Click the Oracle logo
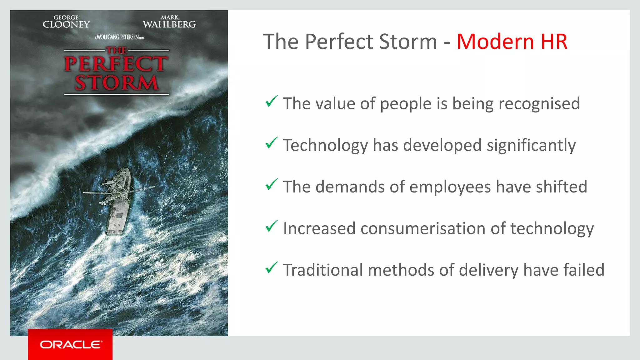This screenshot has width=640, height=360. coord(70,344)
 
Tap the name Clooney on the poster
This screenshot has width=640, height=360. coord(66,25)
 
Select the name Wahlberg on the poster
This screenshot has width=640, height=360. coord(169,24)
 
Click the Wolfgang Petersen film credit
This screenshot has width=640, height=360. coord(119,37)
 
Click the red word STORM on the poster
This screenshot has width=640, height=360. coord(117,83)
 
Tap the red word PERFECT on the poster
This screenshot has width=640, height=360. coord(116,64)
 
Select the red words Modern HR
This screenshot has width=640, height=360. coord(512,42)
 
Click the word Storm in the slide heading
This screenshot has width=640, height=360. coord(408,42)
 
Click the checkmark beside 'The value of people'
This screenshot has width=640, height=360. coord(271,101)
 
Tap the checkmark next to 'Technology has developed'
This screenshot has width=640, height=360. coord(271,143)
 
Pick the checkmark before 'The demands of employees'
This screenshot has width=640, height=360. coord(271,184)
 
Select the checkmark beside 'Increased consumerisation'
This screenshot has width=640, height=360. coord(271,226)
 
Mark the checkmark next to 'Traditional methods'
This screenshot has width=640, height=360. coord(271,267)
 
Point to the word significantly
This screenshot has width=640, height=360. coord(531,146)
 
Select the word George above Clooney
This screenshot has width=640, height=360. coord(66,17)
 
